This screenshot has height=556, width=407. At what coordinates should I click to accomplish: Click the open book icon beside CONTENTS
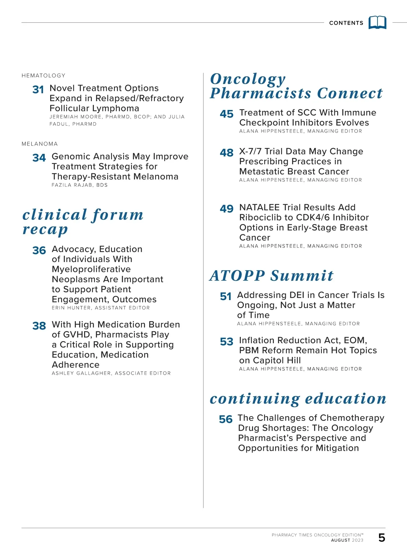click(x=377, y=22)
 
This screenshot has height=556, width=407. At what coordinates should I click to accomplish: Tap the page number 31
click(x=38, y=90)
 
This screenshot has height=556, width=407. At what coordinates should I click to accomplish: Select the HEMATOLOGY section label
click(x=43, y=75)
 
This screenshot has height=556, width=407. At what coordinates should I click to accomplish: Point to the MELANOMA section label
click(x=40, y=144)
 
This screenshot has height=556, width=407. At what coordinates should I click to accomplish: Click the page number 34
click(x=39, y=158)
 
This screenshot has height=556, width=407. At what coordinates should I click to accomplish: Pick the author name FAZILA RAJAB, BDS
click(x=79, y=185)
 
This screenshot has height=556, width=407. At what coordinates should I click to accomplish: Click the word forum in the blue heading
click(x=118, y=215)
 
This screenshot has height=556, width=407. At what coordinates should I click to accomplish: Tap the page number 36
click(x=39, y=251)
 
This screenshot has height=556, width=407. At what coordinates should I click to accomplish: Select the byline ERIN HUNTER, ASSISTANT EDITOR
click(x=101, y=308)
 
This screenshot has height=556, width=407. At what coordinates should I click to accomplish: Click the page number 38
click(x=39, y=326)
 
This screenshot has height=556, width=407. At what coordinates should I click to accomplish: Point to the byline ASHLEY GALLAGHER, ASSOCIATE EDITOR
click(x=111, y=373)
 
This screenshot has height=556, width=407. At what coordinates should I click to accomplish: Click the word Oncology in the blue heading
click(x=248, y=79)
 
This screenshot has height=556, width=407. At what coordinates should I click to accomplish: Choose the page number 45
click(x=227, y=114)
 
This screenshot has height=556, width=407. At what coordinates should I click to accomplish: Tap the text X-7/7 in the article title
click(x=251, y=151)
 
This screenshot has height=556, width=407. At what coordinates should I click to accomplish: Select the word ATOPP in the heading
click(x=237, y=276)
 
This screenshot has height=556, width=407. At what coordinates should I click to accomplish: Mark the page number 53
click(x=227, y=342)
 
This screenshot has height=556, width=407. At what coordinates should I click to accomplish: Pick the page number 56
click(x=226, y=420)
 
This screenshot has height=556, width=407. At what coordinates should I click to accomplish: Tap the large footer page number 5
click(x=382, y=538)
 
